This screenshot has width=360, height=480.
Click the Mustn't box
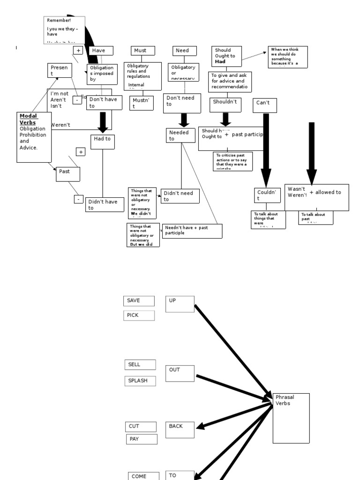coord(142,103)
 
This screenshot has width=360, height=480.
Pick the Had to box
coord(103,142)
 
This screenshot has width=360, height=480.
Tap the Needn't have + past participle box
coord(192,231)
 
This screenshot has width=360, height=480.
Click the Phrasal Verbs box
coord(291,418)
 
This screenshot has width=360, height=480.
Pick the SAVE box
coord(139,301)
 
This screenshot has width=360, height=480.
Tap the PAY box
coord(142,439)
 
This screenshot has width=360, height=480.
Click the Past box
coord(68,174)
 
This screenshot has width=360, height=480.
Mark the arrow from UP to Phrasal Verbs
coord(232,349)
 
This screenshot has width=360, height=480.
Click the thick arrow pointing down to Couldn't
coord(266,150)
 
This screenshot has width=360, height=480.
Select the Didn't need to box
coord(180,196)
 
